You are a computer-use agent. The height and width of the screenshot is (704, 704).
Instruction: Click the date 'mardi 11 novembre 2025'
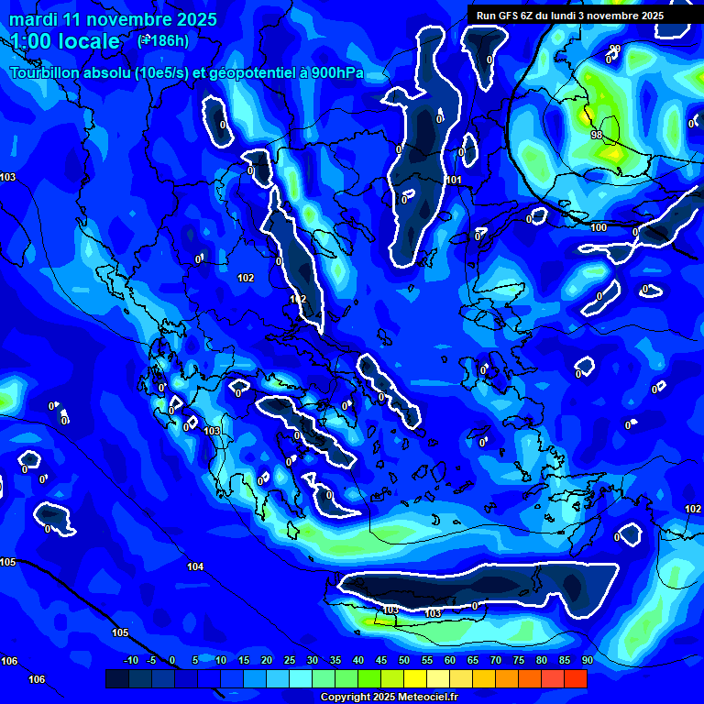[113, 19]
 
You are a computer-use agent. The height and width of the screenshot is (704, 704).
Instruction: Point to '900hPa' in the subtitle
[335, 73]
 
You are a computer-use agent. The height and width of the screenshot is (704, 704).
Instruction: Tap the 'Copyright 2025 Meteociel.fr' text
[389, 698]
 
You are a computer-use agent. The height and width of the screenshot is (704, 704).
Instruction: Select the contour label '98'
[597, 135]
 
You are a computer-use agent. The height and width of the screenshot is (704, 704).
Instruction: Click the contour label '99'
[614, 49]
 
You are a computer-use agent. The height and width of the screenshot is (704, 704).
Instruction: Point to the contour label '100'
[599, 227]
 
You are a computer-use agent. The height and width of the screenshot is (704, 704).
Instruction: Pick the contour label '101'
[454, 180]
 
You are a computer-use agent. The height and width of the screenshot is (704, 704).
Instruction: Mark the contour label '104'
[195, 567]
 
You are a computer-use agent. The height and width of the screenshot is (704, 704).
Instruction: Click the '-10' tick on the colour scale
[130, 661]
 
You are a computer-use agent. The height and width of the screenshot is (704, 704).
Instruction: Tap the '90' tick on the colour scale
[587, 661]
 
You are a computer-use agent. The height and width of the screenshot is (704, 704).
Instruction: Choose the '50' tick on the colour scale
[404, 661]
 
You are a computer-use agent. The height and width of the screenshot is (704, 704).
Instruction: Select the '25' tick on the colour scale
[290, 661]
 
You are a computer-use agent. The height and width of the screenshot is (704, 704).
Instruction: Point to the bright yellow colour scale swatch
[415, 678]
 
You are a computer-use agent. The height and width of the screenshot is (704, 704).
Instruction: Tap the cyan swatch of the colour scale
[301, 678]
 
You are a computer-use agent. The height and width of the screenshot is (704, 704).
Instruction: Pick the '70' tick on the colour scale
[496, 661]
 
